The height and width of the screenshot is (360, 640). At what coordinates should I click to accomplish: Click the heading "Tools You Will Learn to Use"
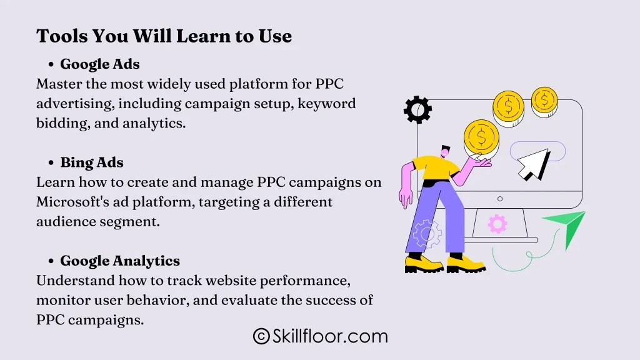[164, 36]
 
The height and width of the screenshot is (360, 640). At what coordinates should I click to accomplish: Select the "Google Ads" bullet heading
[100, 64]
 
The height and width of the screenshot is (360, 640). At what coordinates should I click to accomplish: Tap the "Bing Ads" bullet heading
[92, 162]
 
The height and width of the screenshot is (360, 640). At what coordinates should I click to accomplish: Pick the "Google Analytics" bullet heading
[120, 261]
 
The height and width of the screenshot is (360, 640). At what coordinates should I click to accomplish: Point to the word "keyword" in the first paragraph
[326, 104]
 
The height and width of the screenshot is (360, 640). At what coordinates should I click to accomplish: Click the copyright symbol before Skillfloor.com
[261, 336]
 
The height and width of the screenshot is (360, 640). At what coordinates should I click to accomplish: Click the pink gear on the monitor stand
[497, 224]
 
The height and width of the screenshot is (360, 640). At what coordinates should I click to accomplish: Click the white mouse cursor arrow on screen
[532, 164]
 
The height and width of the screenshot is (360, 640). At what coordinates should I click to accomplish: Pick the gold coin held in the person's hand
[481, 137]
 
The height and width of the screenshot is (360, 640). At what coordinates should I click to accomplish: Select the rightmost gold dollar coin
[544, 101]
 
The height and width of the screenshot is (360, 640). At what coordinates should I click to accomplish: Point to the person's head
[445, 151]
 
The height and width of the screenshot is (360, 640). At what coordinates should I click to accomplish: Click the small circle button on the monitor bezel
[500, 199]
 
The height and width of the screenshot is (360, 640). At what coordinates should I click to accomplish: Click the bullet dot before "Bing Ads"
[51, 163]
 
